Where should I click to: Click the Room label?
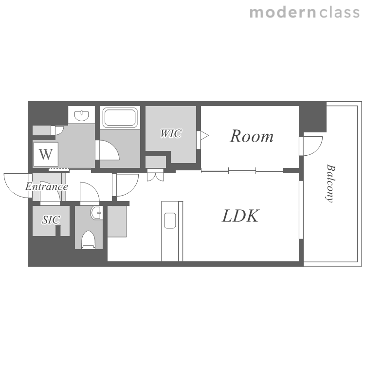click(x=252, y=136)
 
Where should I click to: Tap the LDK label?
click(x=240, y=216)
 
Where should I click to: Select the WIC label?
click(x=171, y=134)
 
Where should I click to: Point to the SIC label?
click(x=51, y=219)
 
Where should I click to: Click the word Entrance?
click(x=47, y=186)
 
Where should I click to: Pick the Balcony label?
click(x=330, y=183)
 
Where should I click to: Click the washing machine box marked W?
click(x=46, y=154)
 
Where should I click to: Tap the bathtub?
click(x=120, y=117)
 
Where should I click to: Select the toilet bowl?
click(x=89, y=240)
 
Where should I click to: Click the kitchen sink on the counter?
click(x=170, y=220)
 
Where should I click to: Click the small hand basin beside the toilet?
click(x=96, y=213)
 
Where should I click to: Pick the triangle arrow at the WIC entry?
click(x=204, y=135)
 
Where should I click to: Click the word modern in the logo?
click(x=283, y=12)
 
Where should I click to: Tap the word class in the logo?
click(x=340, y=12)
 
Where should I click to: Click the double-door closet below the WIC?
click(x=156, y=175)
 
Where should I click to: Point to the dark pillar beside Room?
click(x=312, y=118)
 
